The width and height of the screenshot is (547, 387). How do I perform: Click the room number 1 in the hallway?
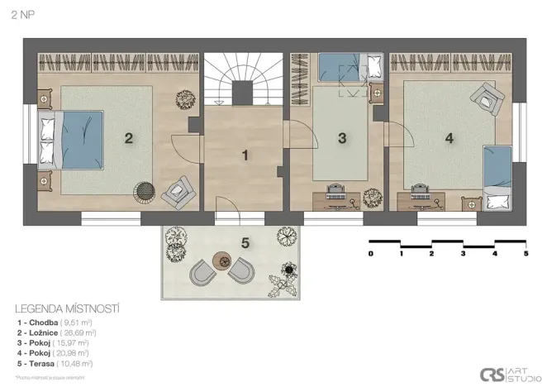pos(245,154)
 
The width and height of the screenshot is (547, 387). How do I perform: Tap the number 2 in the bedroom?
pos(128,138)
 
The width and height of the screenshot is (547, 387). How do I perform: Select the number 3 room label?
pos(342,138)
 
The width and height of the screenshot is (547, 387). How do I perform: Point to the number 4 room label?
pos(449,138)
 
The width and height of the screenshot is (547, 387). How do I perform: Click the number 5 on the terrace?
pos(245,242)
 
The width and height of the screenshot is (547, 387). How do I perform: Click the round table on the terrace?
pos(222,260)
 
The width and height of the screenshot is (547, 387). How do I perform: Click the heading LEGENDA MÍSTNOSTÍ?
pos(67,308)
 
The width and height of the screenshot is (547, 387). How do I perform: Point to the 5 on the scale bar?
pos(526,253)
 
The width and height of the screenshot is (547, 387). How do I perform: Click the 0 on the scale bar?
pos(371,253)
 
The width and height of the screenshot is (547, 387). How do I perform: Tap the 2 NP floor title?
pos(23,14)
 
